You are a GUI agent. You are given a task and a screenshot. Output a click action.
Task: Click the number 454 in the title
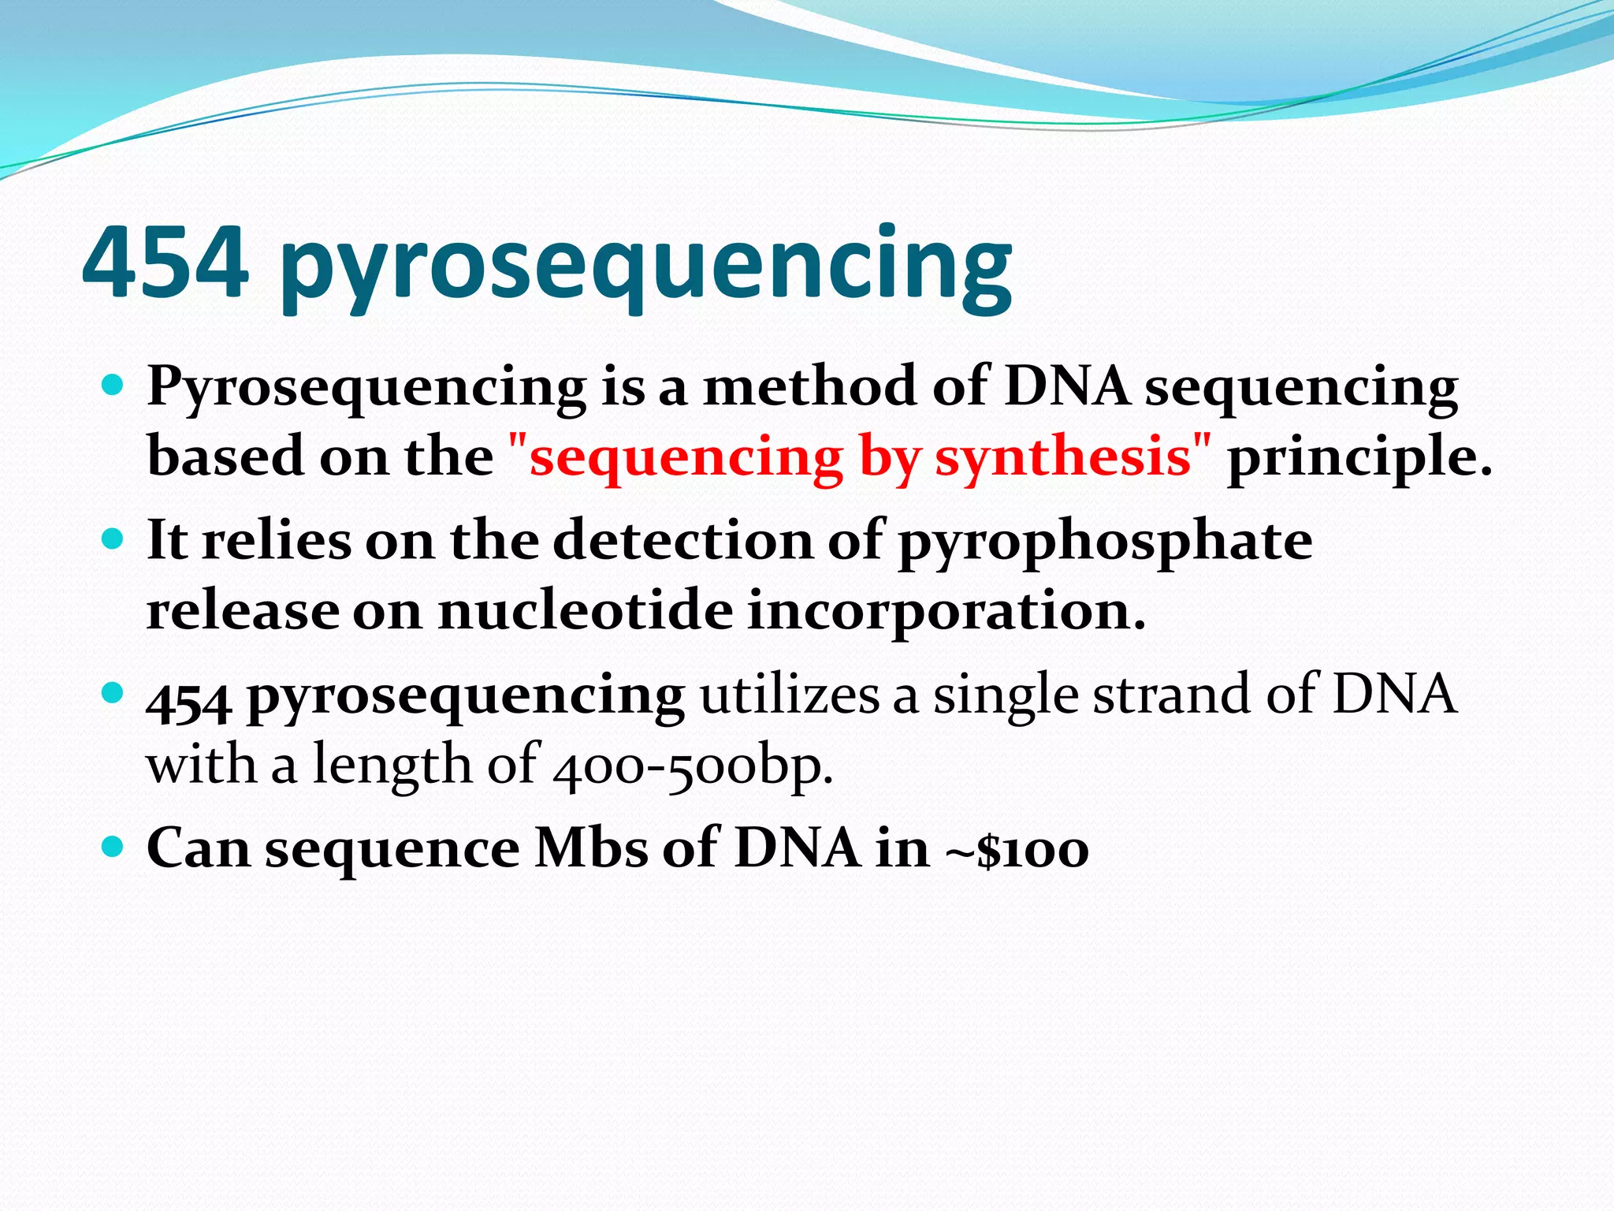pos(165,263)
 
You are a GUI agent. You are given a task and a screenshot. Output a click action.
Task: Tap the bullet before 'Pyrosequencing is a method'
pos(113,386)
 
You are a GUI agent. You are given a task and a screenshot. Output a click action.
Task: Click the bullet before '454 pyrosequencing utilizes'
pos(113,694)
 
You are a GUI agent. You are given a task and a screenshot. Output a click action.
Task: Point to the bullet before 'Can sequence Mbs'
pos(113,848)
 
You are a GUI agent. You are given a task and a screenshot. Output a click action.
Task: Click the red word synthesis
pos(1062,457)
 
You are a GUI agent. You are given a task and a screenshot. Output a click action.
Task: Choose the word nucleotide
pos(585,611)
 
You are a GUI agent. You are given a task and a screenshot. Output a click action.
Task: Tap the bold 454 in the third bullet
pos(189,699)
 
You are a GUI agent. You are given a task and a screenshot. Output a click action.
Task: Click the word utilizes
pos(789,695)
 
